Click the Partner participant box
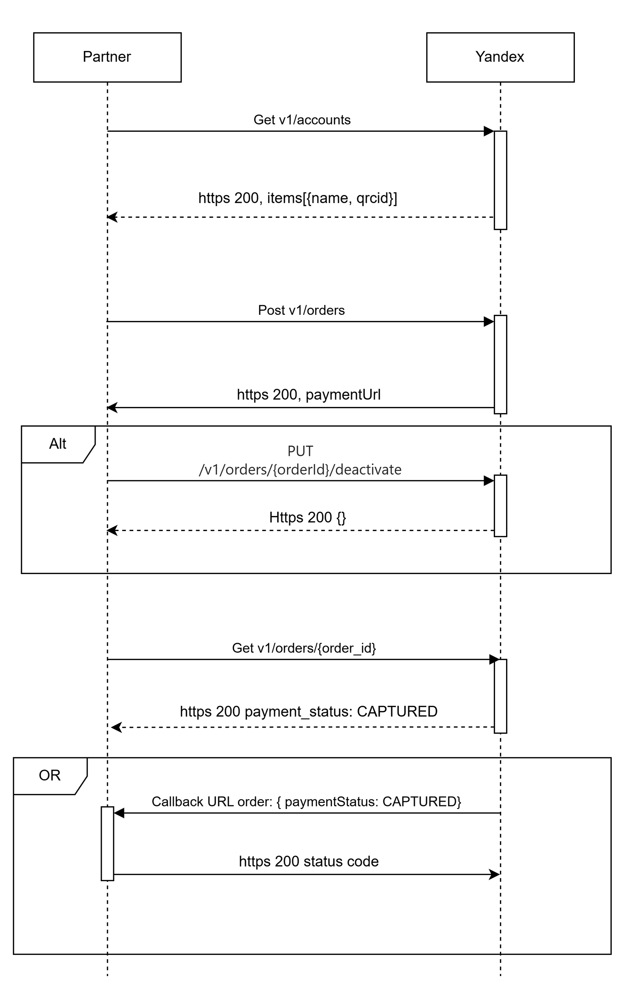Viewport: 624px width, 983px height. coord(108,57)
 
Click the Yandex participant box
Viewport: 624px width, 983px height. coord(500,57)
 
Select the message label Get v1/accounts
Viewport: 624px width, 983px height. coord(302,119)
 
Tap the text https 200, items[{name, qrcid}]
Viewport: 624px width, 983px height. coord(298,198)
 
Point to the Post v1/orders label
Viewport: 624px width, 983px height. coord(301,310)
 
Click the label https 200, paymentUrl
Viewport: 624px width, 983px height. coord(308,395)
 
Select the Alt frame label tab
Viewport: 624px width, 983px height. coord(58,444)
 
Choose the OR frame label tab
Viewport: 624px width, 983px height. coord(50,776)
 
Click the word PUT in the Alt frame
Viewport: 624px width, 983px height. coord(300,451)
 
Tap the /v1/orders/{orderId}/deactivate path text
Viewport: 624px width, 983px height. coord(300,470)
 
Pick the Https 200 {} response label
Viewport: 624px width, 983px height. coord(308,518)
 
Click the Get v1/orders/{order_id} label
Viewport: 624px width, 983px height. coord(304,648)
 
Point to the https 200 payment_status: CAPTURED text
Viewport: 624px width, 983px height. coord(308,712)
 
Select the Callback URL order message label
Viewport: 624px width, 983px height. coord(306,802)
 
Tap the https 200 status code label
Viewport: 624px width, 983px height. coord(308,861)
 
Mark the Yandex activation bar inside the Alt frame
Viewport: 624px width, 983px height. coord(500,506)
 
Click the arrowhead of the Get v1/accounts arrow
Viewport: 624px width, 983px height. coord(489,131)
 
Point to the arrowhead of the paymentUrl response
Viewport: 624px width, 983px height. coord(112,407)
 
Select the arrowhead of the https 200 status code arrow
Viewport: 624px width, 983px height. coord(495,874)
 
